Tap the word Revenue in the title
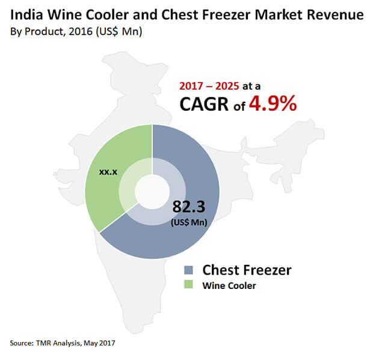(x=329, y=14)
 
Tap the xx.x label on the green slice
(x=108, y=172)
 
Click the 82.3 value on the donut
(x=189, y=206)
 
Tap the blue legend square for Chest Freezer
(x=190, y=269)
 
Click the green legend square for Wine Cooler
(x=190, y=285)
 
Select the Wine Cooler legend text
(x=230, y=285)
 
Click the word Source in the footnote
(x=21, y=343)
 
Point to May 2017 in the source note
(x=97, y=343)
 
